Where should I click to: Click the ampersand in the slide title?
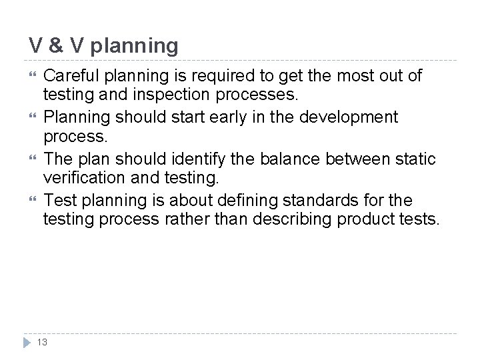click(x=56, y=46)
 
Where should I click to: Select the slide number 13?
click(x=43, y=343)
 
